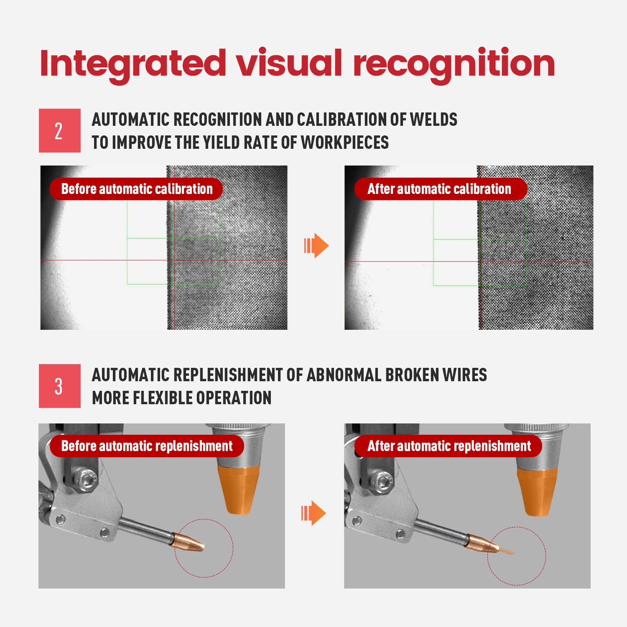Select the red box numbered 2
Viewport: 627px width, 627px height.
pos(59,131)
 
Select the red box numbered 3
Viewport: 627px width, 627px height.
pos(59,386)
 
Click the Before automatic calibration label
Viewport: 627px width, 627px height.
pos(136,189)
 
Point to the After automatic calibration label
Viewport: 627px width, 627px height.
pos(440,189)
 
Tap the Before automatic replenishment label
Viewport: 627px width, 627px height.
pos(147,446)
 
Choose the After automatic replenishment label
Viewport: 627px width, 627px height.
pos(448,446)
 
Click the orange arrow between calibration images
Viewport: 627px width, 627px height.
pos(316,246)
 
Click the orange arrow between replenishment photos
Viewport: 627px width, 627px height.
pos(313,513)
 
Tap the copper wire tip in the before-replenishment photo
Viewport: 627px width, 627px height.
pos(189,542)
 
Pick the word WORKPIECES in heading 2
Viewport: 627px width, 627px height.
pos(345,142)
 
